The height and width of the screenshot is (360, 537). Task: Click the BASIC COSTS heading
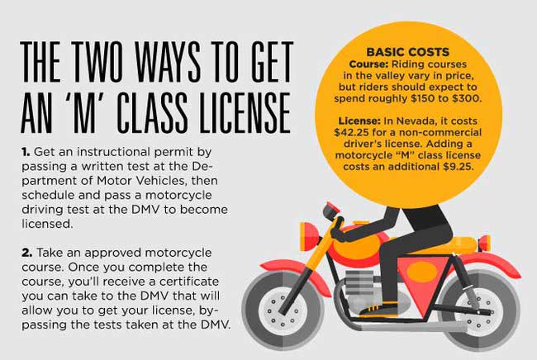(407, 52)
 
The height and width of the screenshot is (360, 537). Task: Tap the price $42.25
(351, 132)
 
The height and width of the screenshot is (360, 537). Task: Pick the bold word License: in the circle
(359, 121)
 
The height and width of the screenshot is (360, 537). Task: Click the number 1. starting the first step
(26, 152)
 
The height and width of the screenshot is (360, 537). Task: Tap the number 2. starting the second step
(27, 253)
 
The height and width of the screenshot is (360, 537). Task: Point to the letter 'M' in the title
(83, 112)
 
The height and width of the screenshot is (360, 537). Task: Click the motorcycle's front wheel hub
(283, 311)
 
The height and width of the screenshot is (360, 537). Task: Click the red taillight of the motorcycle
(485, 242)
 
